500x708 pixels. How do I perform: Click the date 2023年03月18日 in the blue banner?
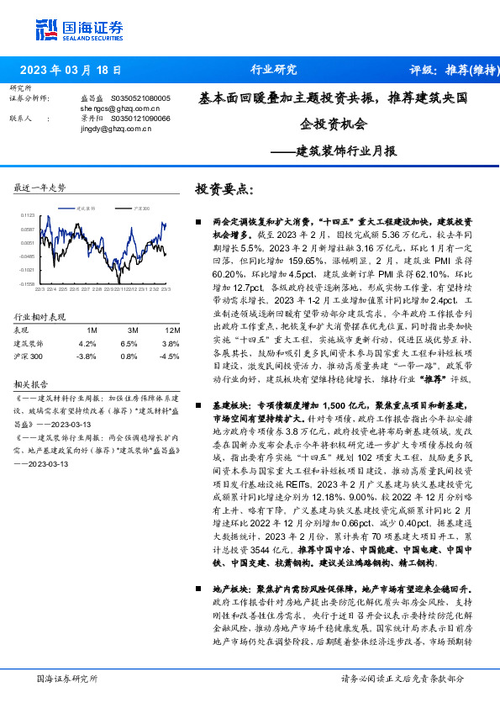tap(70, 70)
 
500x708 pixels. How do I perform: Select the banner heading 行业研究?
tap(274, 70)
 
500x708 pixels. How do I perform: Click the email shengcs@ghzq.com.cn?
tap(120, 108)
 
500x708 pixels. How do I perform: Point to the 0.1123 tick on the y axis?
tap(28, 215)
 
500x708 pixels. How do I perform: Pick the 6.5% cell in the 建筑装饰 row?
tap(129, 343)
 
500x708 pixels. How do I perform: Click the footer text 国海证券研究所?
tap(63, 679)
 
